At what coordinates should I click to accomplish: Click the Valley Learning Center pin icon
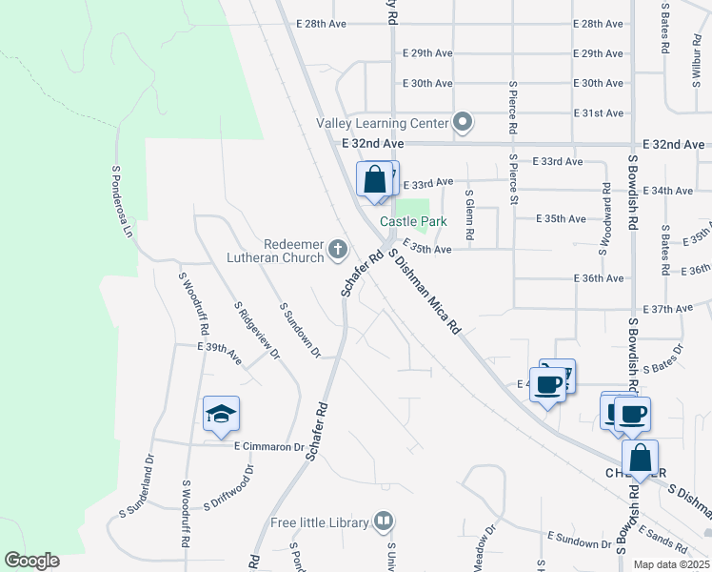click(463, 122)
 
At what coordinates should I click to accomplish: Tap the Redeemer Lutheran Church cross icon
click(337, 250)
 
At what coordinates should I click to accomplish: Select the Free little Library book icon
click(382, 521)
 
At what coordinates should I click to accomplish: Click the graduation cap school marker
click(221, 414)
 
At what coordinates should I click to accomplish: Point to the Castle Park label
click(414, 221)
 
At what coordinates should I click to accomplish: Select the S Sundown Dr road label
click(299, 328)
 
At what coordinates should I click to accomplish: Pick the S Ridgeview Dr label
click(257, 331)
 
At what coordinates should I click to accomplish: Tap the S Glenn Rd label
click(469, 214)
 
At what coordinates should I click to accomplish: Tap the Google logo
click(31, 561)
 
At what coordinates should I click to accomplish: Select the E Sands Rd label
click(663, 542)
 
